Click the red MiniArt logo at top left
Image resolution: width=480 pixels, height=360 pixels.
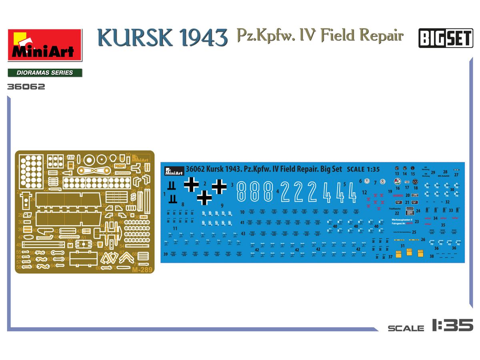coord(44,45)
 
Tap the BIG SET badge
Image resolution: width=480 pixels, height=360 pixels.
coord(446,39)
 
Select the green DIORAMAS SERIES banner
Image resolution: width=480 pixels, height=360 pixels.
coord(45,73)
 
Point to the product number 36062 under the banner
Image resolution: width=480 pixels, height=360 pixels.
coord(26,86)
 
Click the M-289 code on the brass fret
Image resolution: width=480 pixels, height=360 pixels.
coord(140,270)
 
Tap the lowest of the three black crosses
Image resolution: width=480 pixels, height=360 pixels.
coord(204,197)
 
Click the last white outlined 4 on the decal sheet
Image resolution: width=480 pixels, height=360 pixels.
coord(351,192)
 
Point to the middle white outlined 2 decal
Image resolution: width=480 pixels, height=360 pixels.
coord(298,192)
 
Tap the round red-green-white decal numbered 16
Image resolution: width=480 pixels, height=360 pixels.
coord(397,181)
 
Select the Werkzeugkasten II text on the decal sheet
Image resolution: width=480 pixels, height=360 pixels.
coord(402,220)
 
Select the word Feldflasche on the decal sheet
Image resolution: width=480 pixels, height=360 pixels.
coord(394,209)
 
